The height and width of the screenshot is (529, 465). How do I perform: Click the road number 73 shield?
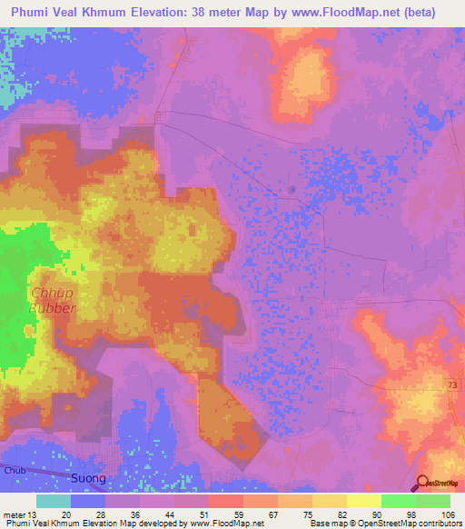(451, 386)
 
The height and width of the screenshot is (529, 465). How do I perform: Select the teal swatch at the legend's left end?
(54, 501)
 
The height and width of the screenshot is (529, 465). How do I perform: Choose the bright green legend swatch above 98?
(399, 501)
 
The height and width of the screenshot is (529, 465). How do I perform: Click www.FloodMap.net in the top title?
(342, 13)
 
